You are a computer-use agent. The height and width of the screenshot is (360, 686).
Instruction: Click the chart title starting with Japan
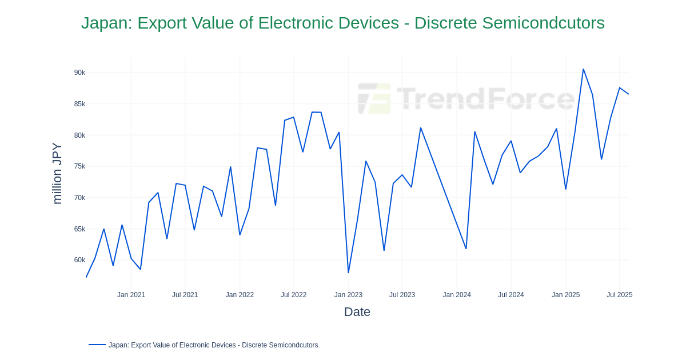pyautogui.click(x=342, y=23)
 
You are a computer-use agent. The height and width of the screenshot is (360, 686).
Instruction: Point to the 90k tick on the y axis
pyautogui.click(x=79, y=73)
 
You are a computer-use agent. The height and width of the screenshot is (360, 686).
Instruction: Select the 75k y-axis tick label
pyautogui.click(x=79, y=166)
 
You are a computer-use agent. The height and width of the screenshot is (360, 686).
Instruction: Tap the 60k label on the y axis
pyautogui.click(x=79, y=260)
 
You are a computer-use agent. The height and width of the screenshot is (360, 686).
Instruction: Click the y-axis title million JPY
pyautogui.click(x=57, y=173)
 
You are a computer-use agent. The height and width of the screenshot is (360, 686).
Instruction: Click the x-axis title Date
pyautogui.click(x=357, y=312)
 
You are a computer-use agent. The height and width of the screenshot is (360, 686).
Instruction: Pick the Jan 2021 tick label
pyautogui.click(x=131, y=295)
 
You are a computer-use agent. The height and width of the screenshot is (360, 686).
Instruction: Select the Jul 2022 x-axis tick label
pyautogui.click(x=293, y=295)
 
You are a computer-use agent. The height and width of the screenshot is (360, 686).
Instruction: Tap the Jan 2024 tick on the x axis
pyautogui.click(x=457, y=295)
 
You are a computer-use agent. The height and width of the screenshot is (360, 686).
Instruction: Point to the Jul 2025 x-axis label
pyautogui.click(x=619, y=295)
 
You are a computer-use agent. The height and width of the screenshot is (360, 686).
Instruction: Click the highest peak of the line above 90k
pyautogui.click(x=583, y=69)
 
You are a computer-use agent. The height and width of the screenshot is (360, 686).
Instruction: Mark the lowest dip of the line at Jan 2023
pyautogui.click(x=348, y=273)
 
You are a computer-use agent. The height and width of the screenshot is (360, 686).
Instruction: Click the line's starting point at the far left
pyautogui.click(x=86, y=277)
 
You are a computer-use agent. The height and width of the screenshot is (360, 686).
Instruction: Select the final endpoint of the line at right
pyautogui.click(x=628, y=94)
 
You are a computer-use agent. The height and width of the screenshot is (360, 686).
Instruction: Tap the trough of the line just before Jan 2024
pyautogui.click(x=466, y=249)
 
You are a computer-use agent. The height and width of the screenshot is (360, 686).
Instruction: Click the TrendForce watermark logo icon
pyautogui.click(x=374, y=98)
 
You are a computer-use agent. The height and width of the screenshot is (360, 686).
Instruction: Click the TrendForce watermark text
pyautogui.click(x=486, y=98)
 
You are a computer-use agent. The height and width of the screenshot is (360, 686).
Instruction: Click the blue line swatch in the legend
pyautogui.click(x=97, y=345)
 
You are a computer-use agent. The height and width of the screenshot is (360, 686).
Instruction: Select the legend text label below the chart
pyautogui.click(x=213, y=345)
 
